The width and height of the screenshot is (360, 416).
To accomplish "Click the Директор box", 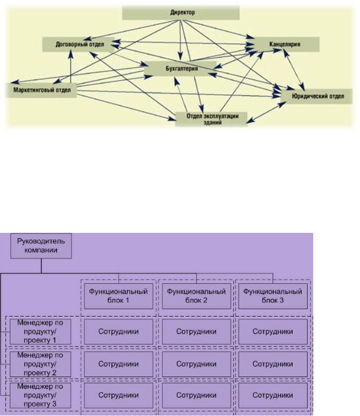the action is click(x=181, y=13).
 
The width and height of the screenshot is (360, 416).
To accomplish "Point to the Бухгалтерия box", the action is click(x=180, y=69).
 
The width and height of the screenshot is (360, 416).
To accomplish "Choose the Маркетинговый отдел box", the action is click(x=41, y=90).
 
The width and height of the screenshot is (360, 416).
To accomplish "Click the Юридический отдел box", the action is click(x=317, y=96).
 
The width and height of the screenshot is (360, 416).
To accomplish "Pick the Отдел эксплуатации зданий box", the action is click(x=211, y=119).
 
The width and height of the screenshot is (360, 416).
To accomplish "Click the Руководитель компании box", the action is click(x=41, y=246).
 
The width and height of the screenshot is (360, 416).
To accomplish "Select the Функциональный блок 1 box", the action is click(x=118, y=296).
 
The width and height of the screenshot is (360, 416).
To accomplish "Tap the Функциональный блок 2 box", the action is click(x=196, y=296).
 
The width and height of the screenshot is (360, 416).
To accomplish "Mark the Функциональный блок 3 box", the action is click(x=273, y=296).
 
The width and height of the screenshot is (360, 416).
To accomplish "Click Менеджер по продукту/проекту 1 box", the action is click(x=41, y=332).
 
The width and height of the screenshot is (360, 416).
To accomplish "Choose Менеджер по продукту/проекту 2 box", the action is click(x=41, y=364).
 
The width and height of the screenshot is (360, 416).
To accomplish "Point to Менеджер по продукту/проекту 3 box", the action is click(x=41, y=395).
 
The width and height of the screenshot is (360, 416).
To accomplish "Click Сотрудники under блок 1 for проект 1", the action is click(x=118, y=332).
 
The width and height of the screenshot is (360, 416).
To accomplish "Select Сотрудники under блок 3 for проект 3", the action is click(x=273, y=395).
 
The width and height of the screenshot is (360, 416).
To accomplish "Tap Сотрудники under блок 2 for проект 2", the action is click(x=196, y=364).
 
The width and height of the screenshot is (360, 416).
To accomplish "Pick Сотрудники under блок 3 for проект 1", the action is click(x=273, y=332).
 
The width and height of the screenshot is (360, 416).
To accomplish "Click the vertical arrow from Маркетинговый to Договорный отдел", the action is click(x=70, y=67).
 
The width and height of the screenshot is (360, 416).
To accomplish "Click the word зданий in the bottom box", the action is click(x=212, y=122).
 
